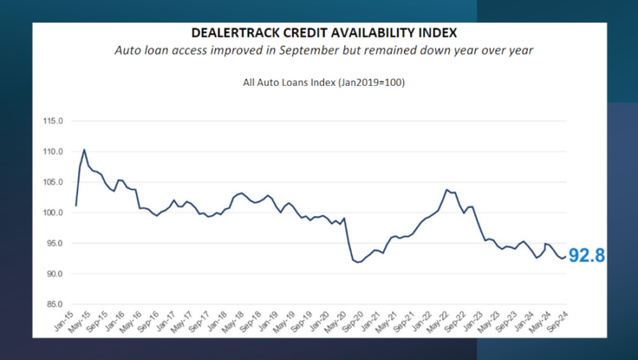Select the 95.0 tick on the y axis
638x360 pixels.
[54, 243]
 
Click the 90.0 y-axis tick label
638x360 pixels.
[54, 274]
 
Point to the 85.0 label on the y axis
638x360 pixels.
[54, 304]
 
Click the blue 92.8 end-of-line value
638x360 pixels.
[586, 256]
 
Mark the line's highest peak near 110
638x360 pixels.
[84, 150]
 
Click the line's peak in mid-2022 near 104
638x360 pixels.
[447, 190]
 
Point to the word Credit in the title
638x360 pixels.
[303, 33]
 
